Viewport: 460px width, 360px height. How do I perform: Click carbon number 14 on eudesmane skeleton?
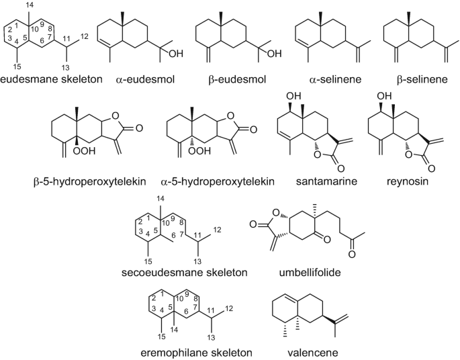[28, 5]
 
